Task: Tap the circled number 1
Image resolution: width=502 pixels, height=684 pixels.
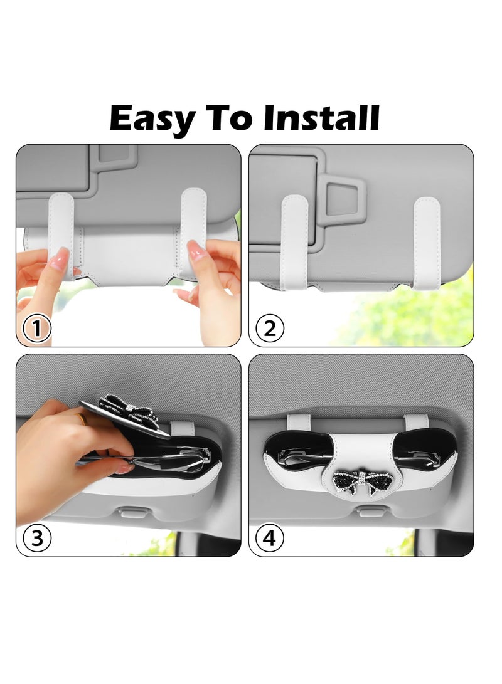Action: pyautogui.click(x=37, y=328)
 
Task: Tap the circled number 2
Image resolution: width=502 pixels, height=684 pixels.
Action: pyautogui.click(x=270, y=328)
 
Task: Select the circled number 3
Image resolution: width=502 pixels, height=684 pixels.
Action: pyautogui.click(x=37, y=537)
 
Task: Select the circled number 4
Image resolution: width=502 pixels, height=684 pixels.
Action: pyautogui.click(x=270, y=537)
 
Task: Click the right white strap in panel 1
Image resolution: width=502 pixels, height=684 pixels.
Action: pyautogui.click(x=193, y=232)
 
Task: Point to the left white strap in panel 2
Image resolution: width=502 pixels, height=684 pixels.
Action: pyautogui.click(x=294, y=241)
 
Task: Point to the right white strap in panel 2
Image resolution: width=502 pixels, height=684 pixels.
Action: pyautogui.click(x=427, y=241)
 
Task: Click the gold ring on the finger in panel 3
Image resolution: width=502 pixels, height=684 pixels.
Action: pyautogui.click(x=82, y=419)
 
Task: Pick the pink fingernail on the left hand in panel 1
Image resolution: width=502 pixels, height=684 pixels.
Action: pyautogui.click(x=59, y=258)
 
